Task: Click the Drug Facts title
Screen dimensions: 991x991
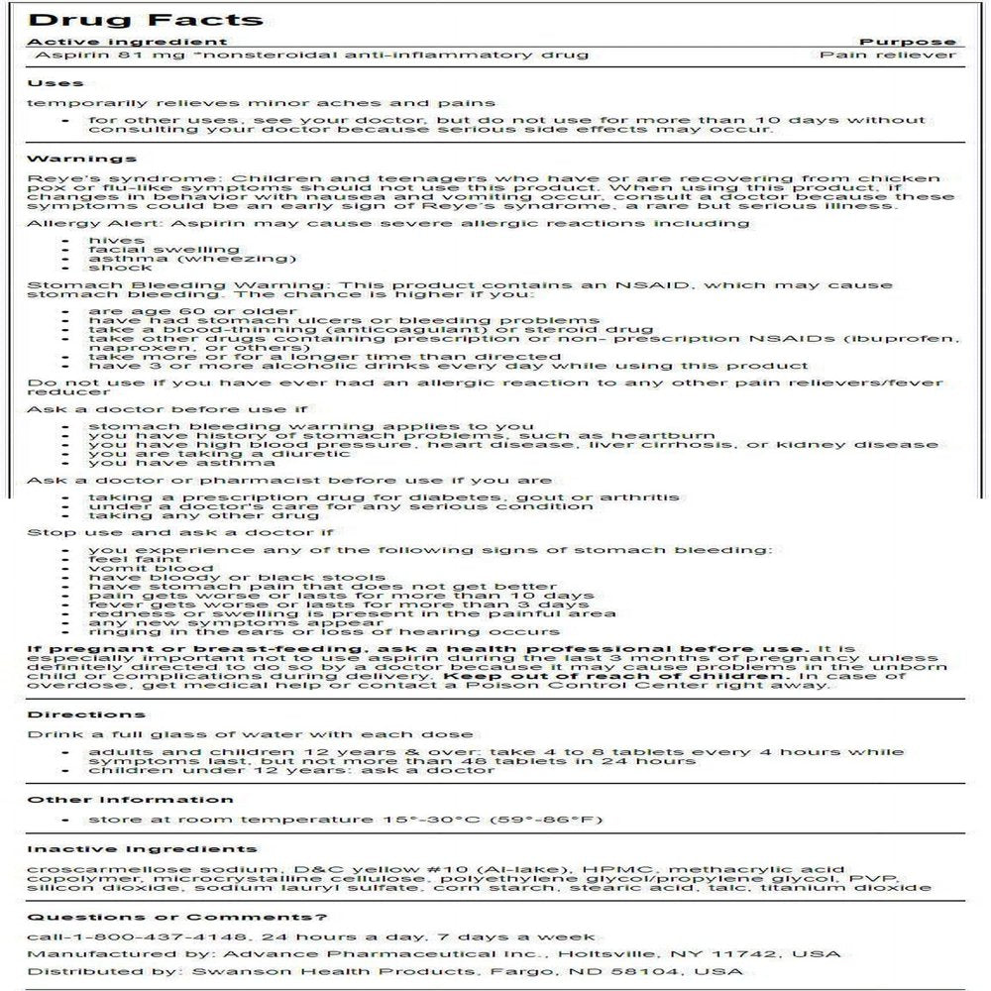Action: (145, 19)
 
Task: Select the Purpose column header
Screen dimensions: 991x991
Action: (908, 42)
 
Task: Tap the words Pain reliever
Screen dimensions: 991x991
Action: (888, 55)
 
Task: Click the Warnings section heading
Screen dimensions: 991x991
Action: (81, 158)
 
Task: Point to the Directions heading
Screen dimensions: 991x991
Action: (86, 715)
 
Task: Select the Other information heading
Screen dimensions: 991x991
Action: (130, 800)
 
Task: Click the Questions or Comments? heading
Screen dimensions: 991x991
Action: (176, 917)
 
